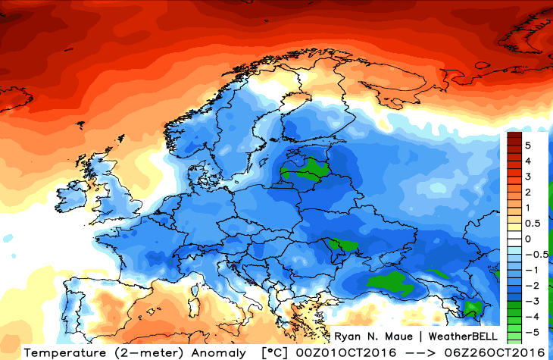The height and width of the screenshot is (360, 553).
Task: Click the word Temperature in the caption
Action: [60, 352]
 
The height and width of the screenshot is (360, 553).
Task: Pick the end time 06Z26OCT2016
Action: [496, 352]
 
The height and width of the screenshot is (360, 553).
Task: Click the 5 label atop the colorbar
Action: [527, 144]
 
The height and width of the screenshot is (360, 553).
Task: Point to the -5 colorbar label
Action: [530, 331]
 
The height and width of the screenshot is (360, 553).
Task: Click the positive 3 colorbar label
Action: [527, 176]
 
